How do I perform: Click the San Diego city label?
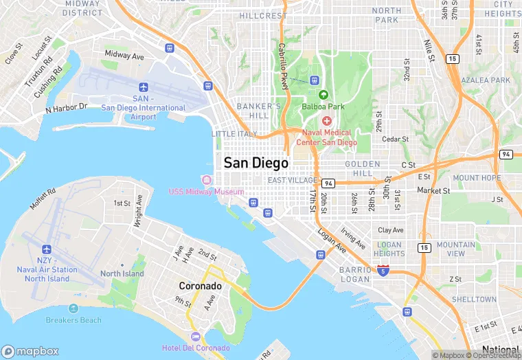(x=256, y=164)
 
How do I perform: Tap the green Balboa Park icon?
(x=323, y=95)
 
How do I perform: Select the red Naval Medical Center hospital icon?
(x=327, y=121)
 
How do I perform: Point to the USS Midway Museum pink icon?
(x=206, y=180)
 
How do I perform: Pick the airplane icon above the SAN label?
(x=143, y=87)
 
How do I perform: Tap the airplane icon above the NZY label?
(x=47, y=249)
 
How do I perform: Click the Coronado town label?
(x=201, y=286)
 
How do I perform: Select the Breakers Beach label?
(x=73, y=319)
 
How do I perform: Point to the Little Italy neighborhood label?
(x=234, y=133)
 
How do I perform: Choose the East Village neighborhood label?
(x=293, y=180)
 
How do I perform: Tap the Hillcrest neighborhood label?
(x=264, y=16)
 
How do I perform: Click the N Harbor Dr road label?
(x=67, y=108)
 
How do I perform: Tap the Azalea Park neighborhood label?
(x=486, y=80)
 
